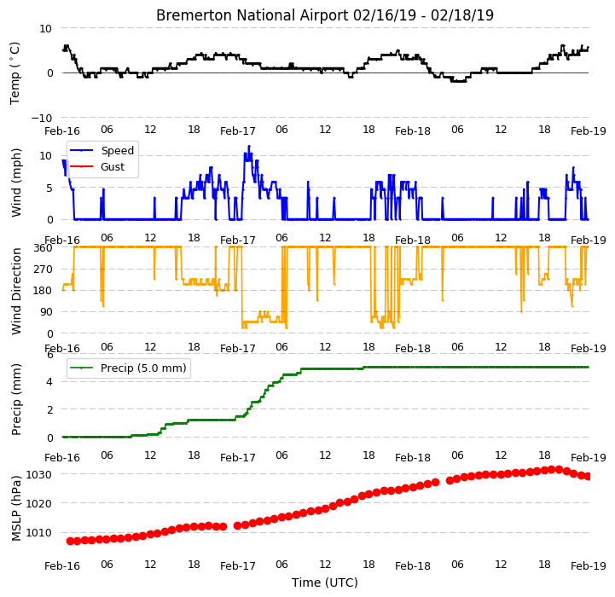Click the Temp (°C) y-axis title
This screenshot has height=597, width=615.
(15, 73)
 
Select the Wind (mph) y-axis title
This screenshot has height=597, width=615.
(16, 183)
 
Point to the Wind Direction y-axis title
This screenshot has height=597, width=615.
(16, 291)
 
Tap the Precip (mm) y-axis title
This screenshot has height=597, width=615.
(16, 399)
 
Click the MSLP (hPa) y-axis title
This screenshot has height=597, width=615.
(16, 508)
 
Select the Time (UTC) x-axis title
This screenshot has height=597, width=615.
(325, 583)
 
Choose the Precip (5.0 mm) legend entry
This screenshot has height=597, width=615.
(128, 368)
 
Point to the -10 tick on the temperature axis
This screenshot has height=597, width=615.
(42, 118)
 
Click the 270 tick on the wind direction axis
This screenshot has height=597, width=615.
(44, 270)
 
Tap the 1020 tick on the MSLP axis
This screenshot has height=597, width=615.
(38, 504)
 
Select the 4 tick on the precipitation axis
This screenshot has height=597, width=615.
(49, 382)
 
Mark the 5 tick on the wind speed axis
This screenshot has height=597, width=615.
(49, 188)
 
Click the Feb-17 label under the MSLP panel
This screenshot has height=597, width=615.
(238, 566)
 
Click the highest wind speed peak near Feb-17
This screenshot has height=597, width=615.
(249, 147)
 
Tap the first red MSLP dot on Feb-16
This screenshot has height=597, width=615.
(70, 541)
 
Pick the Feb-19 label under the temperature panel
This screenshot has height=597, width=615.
(589, 131)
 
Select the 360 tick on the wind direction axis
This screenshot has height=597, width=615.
(44, 248)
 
